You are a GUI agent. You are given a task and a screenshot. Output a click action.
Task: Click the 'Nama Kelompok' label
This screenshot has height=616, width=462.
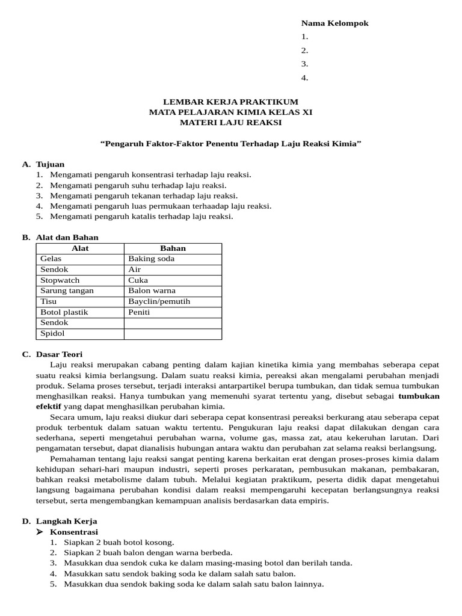click(x=334, y=23)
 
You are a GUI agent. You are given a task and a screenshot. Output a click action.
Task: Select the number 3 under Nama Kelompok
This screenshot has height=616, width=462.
click(x=304, y=64)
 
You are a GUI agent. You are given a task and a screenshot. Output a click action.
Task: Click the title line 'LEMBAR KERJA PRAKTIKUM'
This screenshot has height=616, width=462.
click(x=231, y=102)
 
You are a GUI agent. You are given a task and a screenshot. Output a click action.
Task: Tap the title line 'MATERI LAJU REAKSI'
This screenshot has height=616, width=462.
click(x=231, y=123)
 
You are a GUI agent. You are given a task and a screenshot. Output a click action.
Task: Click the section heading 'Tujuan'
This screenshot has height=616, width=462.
click(x=50, y=164)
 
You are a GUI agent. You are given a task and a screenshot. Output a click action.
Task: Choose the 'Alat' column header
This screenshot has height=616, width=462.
click(x=80, y=248)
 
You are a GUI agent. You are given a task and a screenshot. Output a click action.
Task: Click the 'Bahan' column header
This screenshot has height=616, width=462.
click(x=173, y=248)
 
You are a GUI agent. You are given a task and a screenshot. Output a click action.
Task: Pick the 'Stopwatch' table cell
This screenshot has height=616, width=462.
click(x=60, y=280)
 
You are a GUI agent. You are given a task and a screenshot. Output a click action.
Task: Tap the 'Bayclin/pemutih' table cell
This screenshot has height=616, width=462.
click(x=159, y=301)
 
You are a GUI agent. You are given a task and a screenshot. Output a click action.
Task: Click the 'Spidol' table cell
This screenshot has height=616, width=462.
click(x=52, y=333)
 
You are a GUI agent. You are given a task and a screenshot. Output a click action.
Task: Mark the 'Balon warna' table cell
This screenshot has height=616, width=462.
click(x=152, y=291)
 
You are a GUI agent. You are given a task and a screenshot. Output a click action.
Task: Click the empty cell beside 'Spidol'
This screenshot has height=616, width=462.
click(x=173, y=333)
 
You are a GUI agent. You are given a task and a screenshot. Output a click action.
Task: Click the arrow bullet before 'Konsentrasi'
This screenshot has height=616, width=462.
click(x=40, y=532)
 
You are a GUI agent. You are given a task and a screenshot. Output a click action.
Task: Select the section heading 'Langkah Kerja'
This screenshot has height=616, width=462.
click(x=66, y=521)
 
